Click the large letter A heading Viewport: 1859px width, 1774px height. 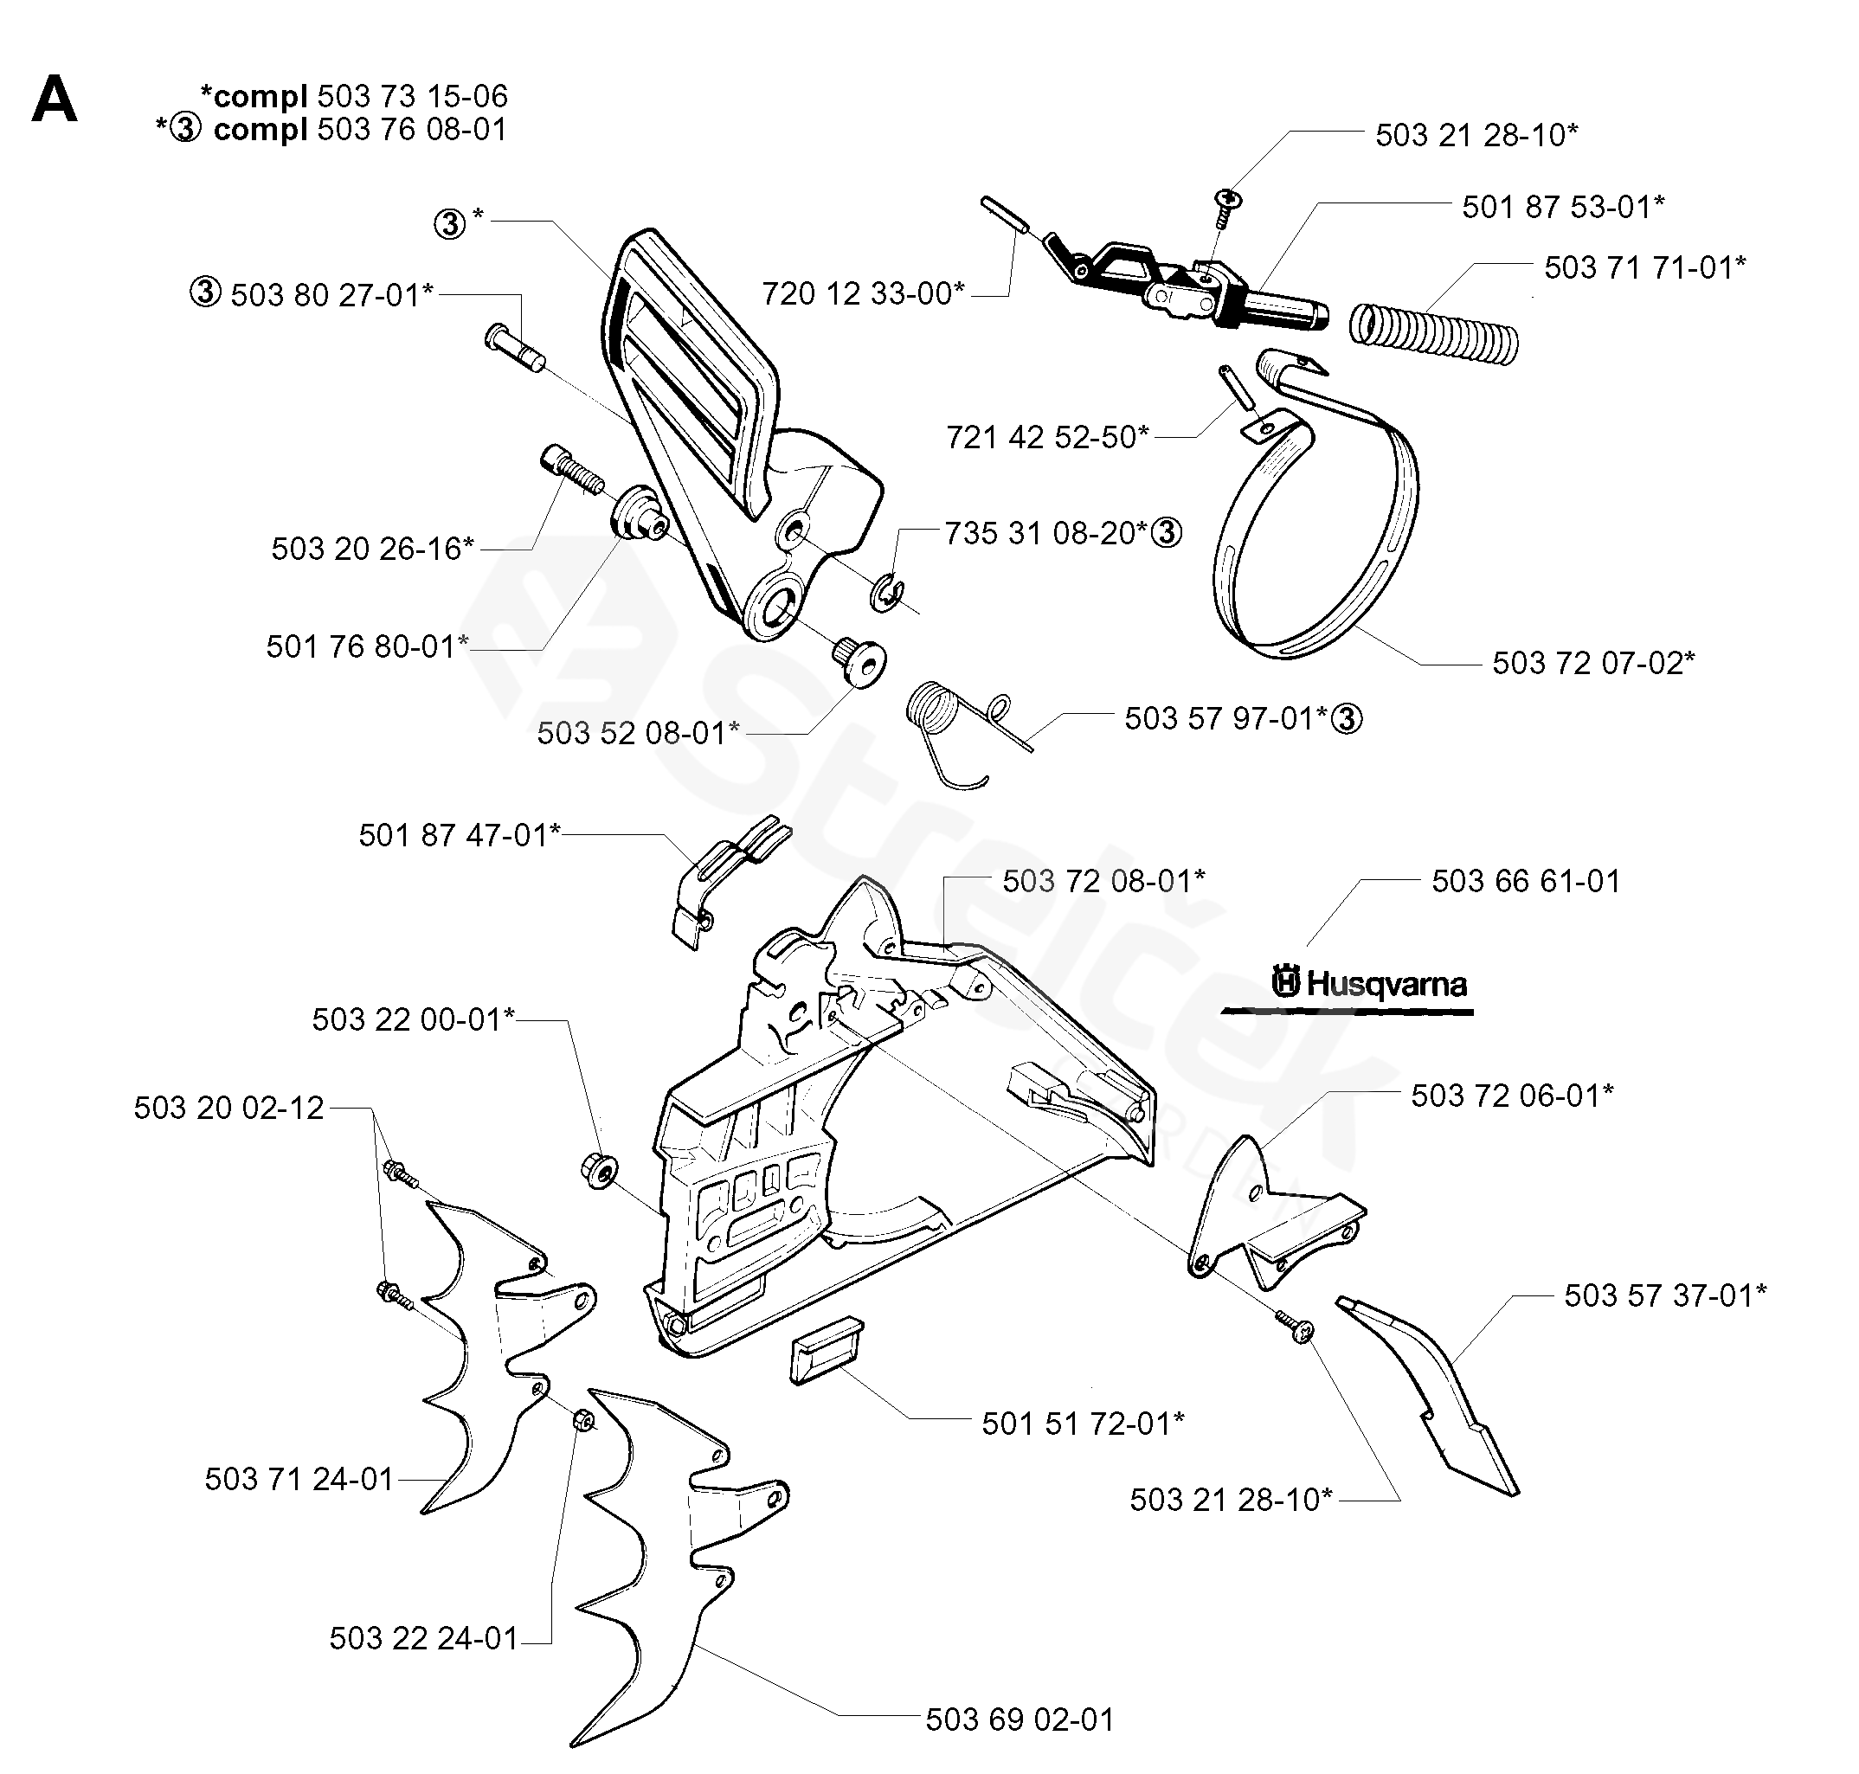(54, 101)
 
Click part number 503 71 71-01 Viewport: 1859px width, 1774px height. (1644, 267)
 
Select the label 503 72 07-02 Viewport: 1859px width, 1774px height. (1592, 663)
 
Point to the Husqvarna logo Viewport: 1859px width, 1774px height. (1369, 985)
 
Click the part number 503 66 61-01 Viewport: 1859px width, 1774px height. (1525, 881)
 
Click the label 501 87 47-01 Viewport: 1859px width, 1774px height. (460, 836)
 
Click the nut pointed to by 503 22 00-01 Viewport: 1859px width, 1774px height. (598, 1170)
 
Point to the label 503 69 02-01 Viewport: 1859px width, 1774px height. (1020, 1719)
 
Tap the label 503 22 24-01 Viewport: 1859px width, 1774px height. (423, 1638)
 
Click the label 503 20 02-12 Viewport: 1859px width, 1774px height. (228, 1109)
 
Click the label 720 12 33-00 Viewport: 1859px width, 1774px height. (864, 294)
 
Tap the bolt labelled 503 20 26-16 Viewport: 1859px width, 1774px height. (571, 472)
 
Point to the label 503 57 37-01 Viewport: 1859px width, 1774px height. (1664, 1295)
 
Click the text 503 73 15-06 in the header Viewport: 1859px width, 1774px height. (412, 96)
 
